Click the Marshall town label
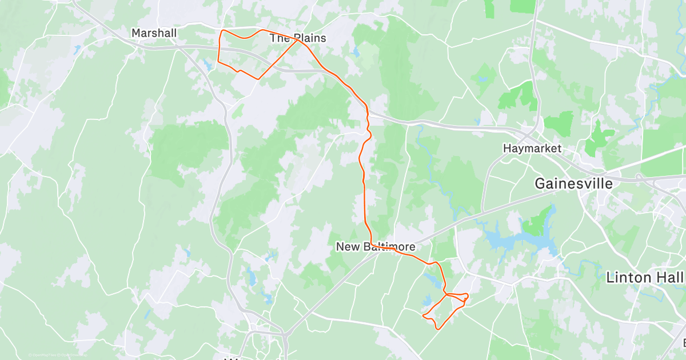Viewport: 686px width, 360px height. point(154,33)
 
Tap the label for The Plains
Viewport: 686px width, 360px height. point(297,38)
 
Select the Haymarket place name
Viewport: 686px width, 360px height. point(532,149)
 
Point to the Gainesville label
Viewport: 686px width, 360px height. point(573,183)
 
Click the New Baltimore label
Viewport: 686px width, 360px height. point(375,247)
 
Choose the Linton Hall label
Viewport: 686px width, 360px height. point(644,278)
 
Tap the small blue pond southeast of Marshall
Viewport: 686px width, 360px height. point(207,65)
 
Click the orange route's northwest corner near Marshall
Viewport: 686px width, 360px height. point(222,30)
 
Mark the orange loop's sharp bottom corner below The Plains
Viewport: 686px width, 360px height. point(258,78)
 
